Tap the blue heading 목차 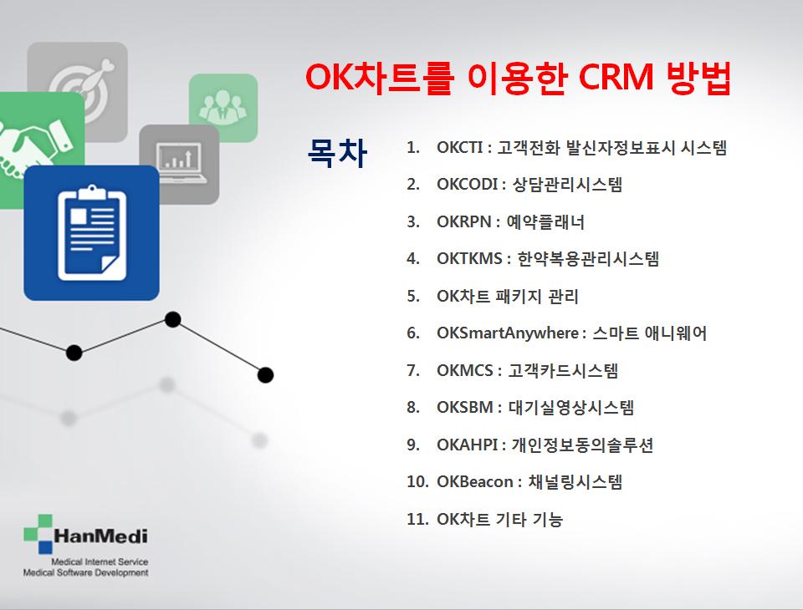337,152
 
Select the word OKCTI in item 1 459,147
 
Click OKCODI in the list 467,184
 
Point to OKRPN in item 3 464,221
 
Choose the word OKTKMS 469,259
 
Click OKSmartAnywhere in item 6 508,333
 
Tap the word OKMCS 465,370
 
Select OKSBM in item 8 465,407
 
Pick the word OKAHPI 467,445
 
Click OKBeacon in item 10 475,481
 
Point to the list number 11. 417,519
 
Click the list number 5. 413,296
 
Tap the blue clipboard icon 92,233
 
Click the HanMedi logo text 101,536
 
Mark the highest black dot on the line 173,319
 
